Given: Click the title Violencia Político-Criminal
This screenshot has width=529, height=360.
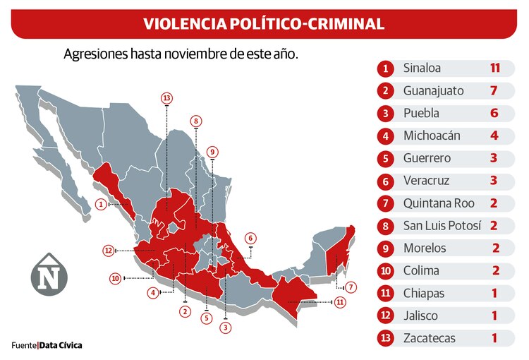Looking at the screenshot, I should click(264, 23).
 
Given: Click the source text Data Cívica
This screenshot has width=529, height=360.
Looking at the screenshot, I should click(61, 345).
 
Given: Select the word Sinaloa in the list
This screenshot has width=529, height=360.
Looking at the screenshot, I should click(422, 68).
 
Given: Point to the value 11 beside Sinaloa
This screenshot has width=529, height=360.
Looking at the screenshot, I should click(494, 68).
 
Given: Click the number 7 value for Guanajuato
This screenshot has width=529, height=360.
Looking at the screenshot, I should click(494, 90).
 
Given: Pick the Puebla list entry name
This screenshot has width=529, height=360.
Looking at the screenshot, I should click(421, 113).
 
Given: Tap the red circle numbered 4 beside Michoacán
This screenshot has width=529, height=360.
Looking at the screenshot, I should click(385, 136).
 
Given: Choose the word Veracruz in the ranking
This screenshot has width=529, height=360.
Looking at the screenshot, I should click(426, 181).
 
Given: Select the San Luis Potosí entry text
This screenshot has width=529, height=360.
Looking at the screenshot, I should click(442, 226).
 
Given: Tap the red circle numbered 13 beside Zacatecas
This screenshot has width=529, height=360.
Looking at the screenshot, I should click(385, 338).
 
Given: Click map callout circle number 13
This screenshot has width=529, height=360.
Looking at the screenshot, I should click(166, 97).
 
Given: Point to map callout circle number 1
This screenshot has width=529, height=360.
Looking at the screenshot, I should click(102, 205).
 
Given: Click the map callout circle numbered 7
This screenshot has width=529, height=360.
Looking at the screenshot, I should click(351, 287).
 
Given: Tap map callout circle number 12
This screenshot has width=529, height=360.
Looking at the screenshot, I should click(108, 250).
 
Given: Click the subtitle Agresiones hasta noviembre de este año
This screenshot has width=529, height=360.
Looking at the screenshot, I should click(181, 54).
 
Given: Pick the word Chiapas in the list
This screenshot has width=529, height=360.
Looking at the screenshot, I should click(424, 293).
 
